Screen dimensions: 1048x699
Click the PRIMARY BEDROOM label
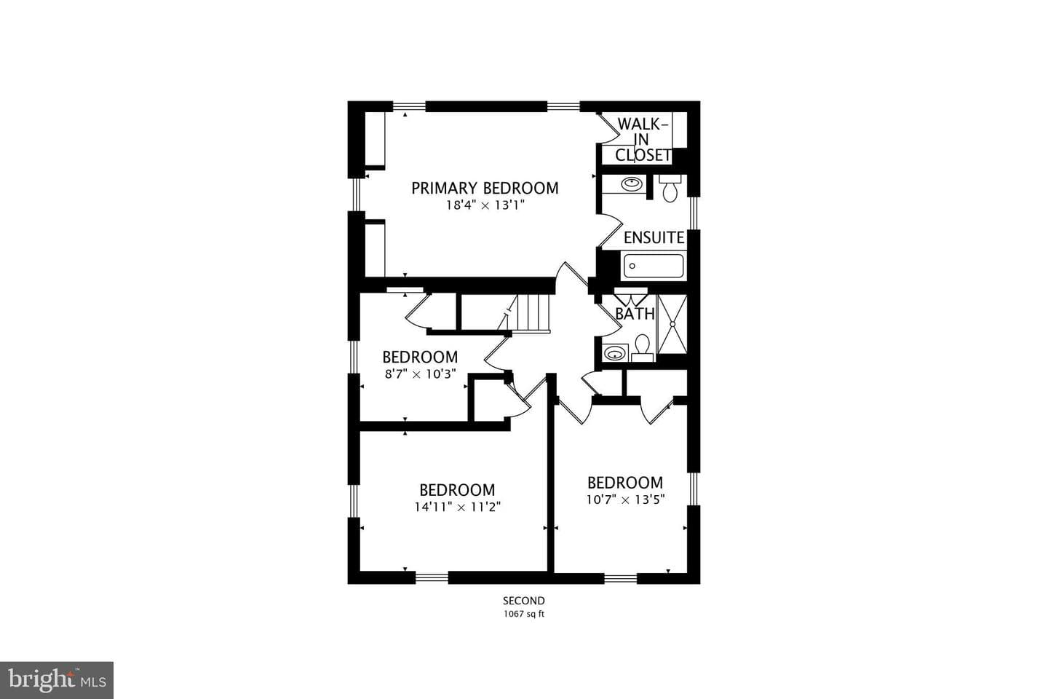pos(485,188)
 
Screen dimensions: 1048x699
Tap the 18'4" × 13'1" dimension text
pos(485,205)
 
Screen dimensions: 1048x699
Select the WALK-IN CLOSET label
pos(643,140)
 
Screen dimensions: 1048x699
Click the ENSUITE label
pos(654,238)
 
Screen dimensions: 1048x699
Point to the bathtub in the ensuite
pos(654,266)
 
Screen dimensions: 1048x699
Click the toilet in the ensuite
pos(670,189)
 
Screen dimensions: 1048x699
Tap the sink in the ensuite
pos(631,184)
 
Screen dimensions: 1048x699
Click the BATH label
pos(635,314)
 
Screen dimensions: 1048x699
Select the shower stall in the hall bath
pos(672,323)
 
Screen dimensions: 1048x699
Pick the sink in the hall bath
pos(615,352)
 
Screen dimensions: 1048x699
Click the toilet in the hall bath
pos(643,348)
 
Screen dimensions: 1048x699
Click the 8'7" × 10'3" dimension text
pos(420,374)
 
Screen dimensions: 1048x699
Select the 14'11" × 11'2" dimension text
pos(458,507)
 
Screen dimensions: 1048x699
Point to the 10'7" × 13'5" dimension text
pos(626,499)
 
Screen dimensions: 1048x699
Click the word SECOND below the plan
pos(524,601)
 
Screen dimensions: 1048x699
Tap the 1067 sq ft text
pos(524,614)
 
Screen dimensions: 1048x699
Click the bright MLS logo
pos(57,680)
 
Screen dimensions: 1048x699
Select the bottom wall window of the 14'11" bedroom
pos(432,577)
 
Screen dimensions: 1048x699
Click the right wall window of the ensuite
pos(694,213)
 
